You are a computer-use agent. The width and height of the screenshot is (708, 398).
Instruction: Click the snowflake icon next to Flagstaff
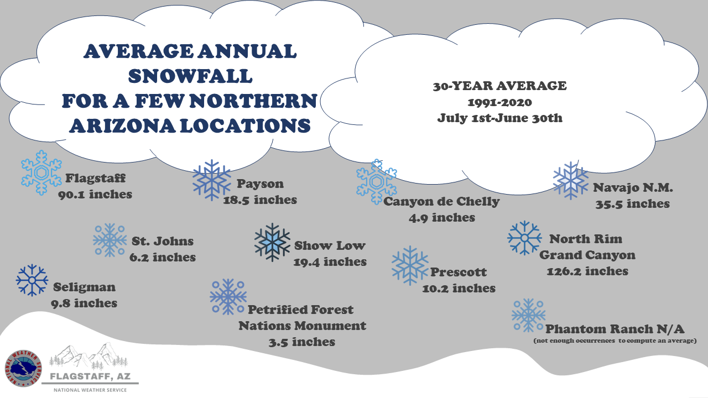41,172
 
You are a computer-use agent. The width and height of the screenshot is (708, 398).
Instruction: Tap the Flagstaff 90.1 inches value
95,194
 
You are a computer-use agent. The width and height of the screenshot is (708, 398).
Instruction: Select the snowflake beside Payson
212,180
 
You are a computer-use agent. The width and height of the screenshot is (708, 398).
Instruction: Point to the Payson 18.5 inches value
260,200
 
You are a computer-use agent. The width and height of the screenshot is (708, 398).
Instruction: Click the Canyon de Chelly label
441,202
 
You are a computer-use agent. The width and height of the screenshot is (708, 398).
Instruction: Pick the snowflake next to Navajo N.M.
571,181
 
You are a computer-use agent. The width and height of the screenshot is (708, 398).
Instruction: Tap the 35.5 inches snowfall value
633,204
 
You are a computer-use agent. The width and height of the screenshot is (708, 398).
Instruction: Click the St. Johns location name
163,241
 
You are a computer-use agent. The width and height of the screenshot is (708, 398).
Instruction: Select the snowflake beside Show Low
272,242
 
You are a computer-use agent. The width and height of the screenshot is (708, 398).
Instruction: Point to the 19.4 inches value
330,262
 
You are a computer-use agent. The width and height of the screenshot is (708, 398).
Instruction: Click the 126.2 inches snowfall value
587,271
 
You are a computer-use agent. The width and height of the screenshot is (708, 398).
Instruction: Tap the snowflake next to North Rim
524,238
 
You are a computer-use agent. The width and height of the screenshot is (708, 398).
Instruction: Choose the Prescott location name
459,272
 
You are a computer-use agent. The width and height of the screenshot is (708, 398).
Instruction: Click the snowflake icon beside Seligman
32,280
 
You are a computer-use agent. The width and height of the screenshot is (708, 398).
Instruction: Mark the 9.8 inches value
84,303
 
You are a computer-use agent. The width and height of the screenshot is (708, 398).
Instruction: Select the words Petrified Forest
300,310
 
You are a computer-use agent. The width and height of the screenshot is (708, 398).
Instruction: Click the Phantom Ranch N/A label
615,329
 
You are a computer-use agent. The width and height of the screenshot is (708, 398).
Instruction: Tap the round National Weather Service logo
23,368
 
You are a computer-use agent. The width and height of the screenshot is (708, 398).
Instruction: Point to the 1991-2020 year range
499,102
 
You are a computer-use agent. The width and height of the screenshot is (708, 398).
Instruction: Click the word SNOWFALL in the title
190,76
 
